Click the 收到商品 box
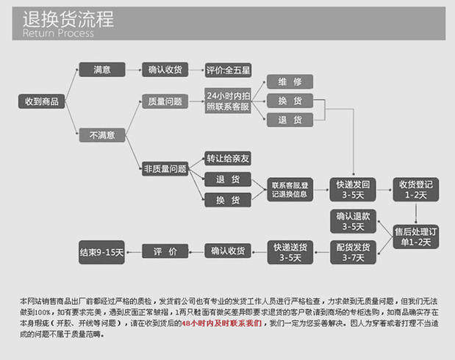tap(42, 101)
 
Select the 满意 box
tap(101, 70)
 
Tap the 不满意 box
tap(101, 135)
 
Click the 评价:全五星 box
tap(228, 71)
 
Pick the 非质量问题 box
tap(165, 169)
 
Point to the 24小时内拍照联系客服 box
tap(228, 101)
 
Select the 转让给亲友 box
tap(228, 158)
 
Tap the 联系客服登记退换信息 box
tap(290, 189)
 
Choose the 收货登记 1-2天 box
tap(415, 189)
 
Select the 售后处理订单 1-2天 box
tap(415, 236)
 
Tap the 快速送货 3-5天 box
tap(290, 252)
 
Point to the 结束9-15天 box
tap(102, 252)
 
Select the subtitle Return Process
tap(58, 33)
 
